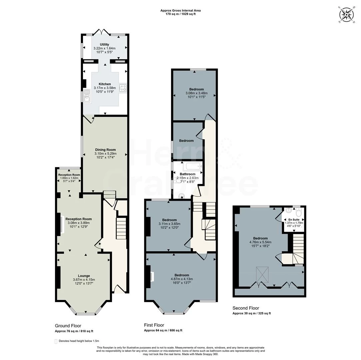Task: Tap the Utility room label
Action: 104,44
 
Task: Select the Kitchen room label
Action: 105,84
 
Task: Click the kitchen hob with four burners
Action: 123,88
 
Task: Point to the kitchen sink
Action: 87,95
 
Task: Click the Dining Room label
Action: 105,150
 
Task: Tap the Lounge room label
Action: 84,276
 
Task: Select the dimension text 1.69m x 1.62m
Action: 69,178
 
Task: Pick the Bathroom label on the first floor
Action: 188,174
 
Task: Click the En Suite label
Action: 294,220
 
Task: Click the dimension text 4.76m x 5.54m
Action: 260,242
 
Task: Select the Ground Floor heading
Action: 68,326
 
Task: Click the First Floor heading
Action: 154,325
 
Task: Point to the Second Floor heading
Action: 246,308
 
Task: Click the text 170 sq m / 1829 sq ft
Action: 180,14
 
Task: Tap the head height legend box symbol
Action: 56,341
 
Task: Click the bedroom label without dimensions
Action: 186,141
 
